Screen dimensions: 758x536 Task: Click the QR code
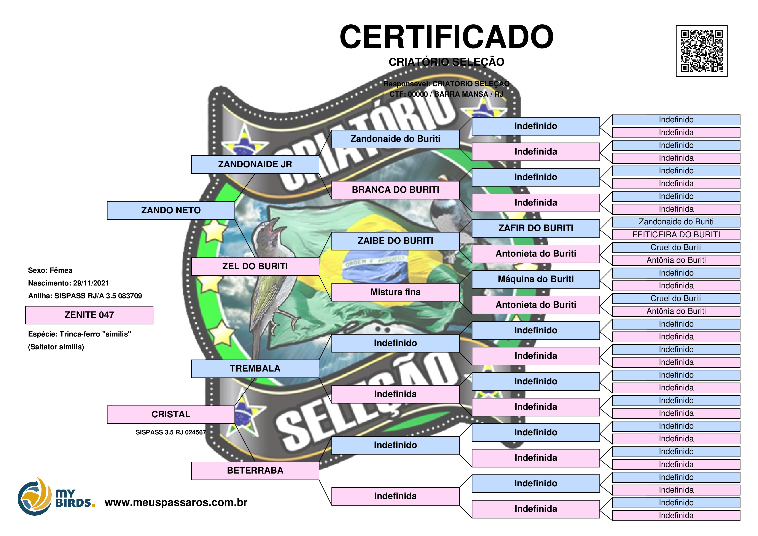point(702,51)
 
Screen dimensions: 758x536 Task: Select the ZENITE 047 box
point(89,315)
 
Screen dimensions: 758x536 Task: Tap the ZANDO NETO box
point(171,210)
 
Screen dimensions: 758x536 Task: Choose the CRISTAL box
point(171,415)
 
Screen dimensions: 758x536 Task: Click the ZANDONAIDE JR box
point(255,164)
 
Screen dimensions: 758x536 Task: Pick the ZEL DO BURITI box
point(255,266)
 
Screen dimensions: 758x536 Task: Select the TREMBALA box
point(255,368)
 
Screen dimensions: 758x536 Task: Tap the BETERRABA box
point(255,471)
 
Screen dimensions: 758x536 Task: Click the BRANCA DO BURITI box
point(395,190)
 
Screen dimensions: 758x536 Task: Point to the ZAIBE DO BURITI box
point(395,241)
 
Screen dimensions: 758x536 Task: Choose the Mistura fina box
point(395,292)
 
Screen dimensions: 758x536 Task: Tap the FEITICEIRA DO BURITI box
point(676,235)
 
